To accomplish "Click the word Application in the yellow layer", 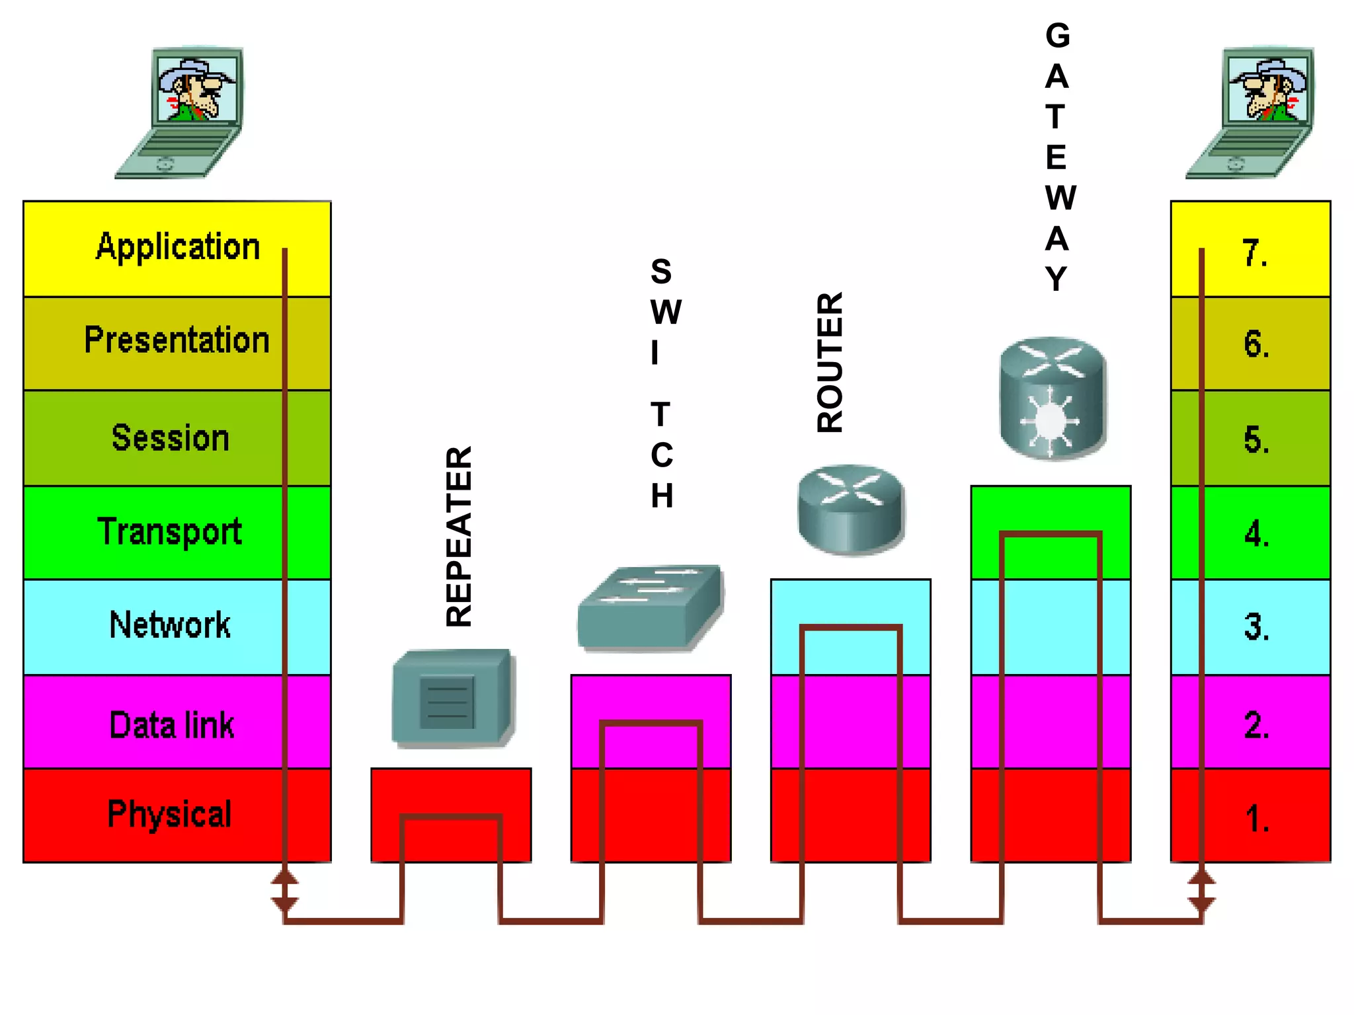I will coord(177,247).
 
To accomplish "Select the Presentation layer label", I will coord(177,340).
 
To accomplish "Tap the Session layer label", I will coord(170,437).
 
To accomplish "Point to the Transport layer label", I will coord(169,532).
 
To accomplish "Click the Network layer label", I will coord(170,625).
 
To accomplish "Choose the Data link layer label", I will coord(171,725).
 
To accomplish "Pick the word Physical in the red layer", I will coord(169,814).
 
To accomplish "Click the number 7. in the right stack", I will coord(1254,253).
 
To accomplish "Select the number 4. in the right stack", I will coord(1256,534).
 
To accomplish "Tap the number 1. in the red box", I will coord(1256,819).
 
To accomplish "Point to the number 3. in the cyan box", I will coord(1256,627).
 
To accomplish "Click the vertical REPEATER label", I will coord(459,536).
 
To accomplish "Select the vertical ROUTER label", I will coord(830,362).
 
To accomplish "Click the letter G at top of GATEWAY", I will coord(1057,36).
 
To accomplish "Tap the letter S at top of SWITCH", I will coord(661,272).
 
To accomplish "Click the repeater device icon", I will coord(452,698).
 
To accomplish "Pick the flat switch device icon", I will coord(651,608).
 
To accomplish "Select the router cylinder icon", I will coord(850,509).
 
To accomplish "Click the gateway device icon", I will coord(1052,398).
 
